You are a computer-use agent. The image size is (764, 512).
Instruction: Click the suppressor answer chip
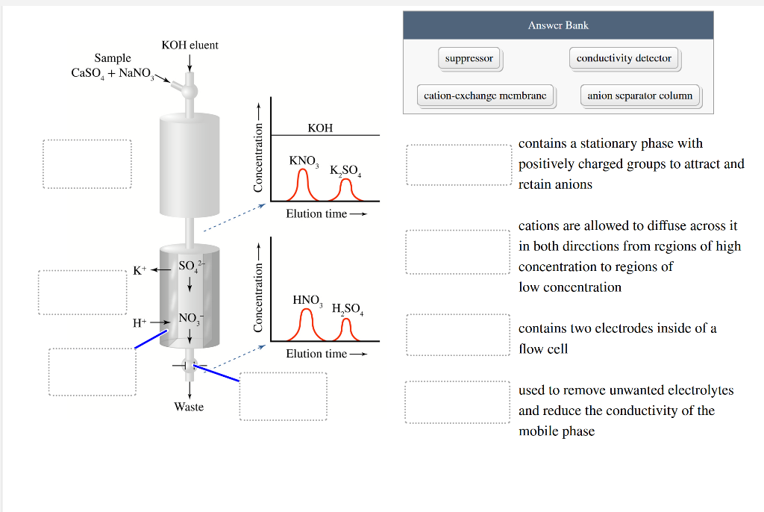click(469, 58)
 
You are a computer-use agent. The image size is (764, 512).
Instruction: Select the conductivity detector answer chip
click(624, 58)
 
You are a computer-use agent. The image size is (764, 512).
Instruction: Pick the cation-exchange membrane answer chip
click(485, 96)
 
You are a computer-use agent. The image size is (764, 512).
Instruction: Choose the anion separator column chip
click(639, 96)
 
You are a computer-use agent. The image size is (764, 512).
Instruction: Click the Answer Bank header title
click(558, 25)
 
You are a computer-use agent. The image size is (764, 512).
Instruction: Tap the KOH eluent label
click(190, 46)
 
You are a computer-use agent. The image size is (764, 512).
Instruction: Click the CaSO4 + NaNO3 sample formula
click(113, 73)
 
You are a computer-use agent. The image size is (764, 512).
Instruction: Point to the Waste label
click(189, 407)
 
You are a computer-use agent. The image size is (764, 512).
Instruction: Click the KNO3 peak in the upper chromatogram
click(303, 186)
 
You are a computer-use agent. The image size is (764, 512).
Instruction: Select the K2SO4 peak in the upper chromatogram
click(345, 192)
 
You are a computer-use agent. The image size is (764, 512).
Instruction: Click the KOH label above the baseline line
click(320, 128)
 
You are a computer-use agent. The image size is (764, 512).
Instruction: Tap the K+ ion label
click(140, 269)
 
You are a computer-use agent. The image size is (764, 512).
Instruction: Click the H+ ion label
click(140, 323)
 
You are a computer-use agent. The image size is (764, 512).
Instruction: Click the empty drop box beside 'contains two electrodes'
click(457, 334)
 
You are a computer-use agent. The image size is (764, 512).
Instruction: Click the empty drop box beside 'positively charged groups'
click(457, 164)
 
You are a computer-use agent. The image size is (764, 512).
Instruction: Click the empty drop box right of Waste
click(283, 396)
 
